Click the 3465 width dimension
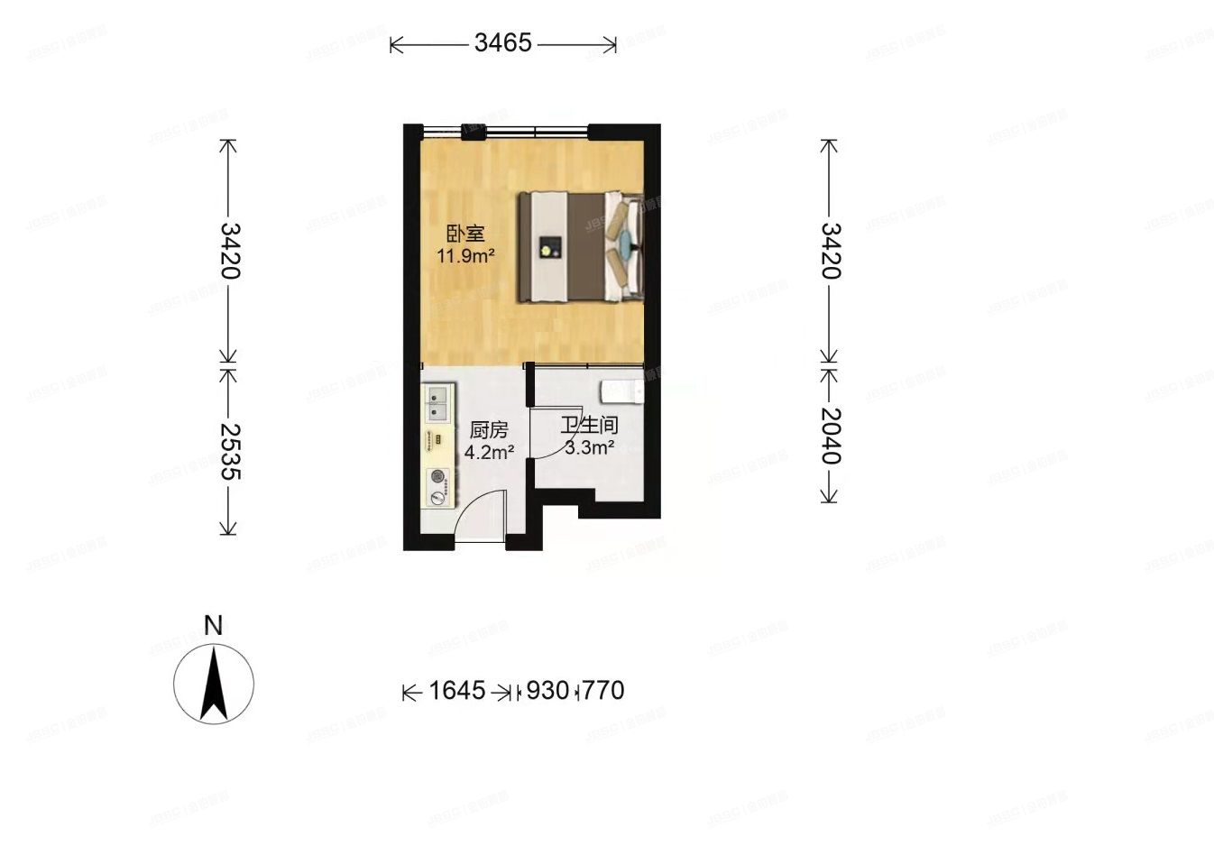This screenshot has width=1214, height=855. click(x=503, y=43)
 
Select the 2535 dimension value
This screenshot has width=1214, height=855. click(x=230, y=451)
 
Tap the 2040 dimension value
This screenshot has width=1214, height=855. click(x=830, y=436)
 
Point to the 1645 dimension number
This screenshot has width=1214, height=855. click(x=456, y=691)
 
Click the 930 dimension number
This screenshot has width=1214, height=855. click(x=547, y=691)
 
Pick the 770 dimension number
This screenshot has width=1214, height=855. click(x=604, y=691)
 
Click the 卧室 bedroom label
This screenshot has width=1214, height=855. click(x=465, y=234)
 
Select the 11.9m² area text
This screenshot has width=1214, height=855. click(x=465, y=256)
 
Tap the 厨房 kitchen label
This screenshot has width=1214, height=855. click(x=489, y=431)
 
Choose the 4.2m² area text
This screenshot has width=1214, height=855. click(x=489, y=453)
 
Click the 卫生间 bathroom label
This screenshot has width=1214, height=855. click(x=589, y=425)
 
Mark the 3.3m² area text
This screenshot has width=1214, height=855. click(x=589, y=446)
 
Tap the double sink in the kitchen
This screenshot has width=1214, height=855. click(x=437, y=402)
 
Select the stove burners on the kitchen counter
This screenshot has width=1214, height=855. click(x=438, y=485)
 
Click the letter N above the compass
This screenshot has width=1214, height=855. click(x=213, y=626)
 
